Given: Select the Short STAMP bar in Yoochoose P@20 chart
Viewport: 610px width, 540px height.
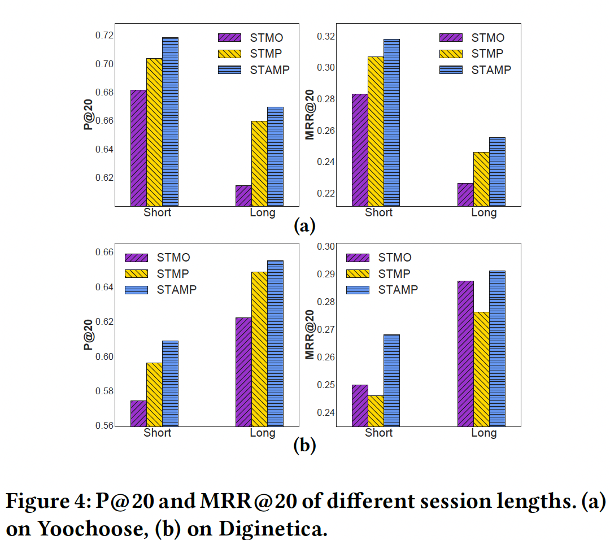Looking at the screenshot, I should click(170, 121).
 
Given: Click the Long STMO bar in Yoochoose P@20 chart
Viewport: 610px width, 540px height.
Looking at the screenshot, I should click(243, 195).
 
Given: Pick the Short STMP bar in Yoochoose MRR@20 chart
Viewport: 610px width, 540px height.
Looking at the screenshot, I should click(376, 131).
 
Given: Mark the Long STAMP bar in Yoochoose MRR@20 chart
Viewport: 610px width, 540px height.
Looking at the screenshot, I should click(497, 172).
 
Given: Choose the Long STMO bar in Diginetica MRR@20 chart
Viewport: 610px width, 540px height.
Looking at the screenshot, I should click(465, 353).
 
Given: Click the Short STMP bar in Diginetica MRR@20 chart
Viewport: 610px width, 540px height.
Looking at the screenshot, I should click(376, 411).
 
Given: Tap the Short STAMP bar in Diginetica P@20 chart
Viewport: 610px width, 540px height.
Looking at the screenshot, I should click(170, 383).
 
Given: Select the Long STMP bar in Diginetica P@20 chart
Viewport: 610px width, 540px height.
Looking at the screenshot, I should click(259, 349).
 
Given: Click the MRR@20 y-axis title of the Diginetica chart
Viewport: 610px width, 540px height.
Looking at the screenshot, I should click(310, 334).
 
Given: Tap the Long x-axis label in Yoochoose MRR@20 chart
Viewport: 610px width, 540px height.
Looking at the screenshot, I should click(483, 213).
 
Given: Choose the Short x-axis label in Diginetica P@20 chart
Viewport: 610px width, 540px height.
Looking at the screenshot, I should click(157, 433).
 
